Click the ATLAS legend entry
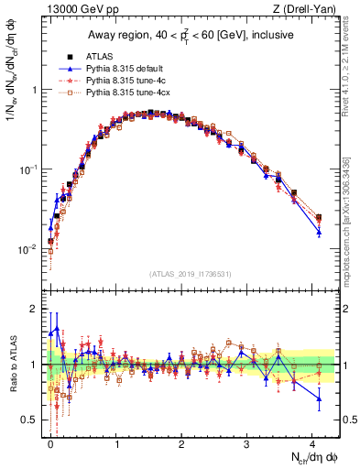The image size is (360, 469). point(98,56)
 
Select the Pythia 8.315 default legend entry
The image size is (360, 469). point(119,69)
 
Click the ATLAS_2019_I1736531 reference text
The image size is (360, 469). point(191,273)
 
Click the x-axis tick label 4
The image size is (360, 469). point(313,443)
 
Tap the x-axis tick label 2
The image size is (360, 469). point(182,443)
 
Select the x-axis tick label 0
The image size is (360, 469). point(50,443)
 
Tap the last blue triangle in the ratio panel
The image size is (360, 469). point(319,398)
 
